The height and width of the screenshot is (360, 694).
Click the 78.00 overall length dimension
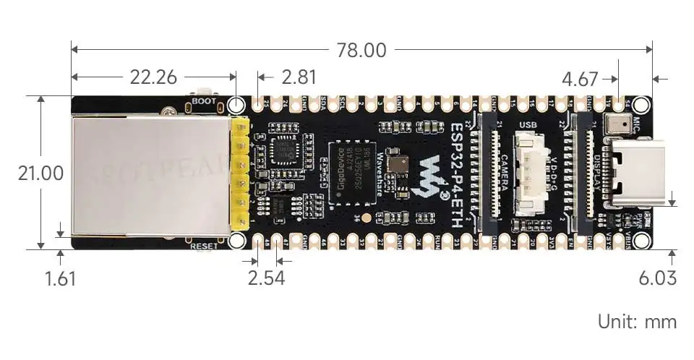click(361, 51)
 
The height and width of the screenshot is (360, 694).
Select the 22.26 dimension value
click(153, 77)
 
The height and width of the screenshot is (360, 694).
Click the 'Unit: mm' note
click(637, 321)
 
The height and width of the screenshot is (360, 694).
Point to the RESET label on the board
click(207, 246)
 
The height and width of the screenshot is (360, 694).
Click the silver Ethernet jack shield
click(148, 177)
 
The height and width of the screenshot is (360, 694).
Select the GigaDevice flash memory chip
click(353, 173)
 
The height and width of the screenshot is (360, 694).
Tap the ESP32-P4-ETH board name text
click(457, 173)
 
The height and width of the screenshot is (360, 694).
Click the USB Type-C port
click(630, 173)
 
